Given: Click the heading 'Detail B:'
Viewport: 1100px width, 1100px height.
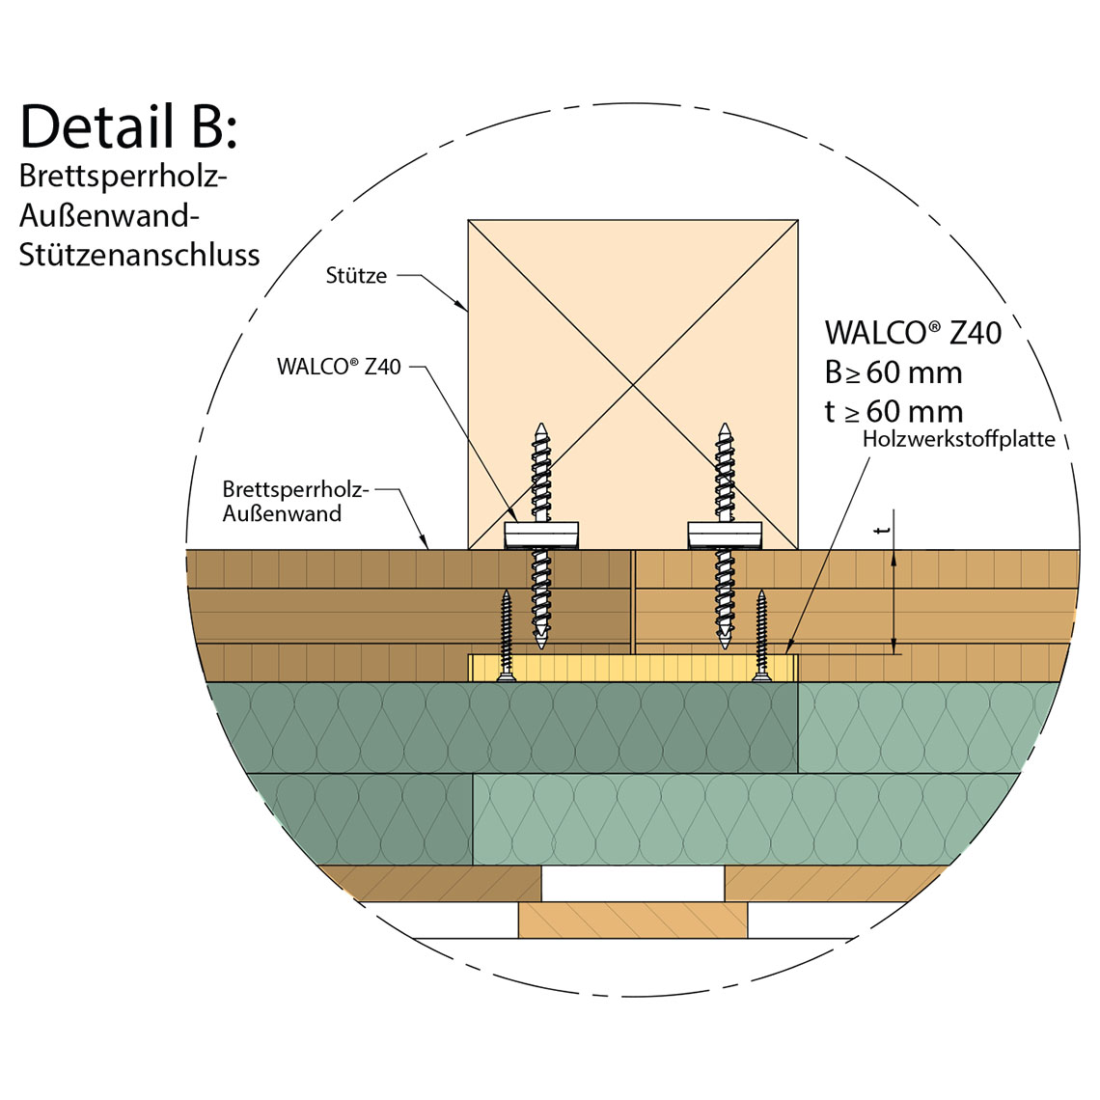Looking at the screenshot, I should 127,126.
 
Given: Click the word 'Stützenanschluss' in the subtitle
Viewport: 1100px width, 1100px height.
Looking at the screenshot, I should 139,255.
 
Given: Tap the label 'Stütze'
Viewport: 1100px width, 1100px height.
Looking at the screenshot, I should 356,276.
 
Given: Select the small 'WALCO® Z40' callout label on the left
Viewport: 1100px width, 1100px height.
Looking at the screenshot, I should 339,367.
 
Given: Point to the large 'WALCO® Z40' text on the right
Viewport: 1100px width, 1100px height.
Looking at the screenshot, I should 913,333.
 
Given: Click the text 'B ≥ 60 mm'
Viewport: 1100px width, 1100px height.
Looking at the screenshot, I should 894,372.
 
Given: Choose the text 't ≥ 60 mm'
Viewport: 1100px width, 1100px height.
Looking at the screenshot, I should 894,412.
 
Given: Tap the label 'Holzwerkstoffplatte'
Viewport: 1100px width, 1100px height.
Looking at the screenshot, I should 959,439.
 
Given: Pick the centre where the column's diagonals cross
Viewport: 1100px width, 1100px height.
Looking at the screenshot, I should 633,385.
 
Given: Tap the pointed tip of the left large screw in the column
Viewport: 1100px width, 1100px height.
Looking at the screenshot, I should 541,426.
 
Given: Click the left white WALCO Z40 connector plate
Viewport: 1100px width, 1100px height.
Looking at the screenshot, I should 542,534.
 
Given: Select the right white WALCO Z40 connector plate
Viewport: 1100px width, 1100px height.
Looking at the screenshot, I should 725,534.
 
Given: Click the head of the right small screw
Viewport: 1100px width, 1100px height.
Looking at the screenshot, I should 762,678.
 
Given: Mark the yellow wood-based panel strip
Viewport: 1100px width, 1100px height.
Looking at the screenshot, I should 632,668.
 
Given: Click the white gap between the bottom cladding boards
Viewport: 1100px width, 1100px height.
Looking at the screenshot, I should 632,883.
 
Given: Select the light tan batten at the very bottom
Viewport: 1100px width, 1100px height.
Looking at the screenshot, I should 632,920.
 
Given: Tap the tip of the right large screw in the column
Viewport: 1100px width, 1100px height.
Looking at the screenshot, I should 724,426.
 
